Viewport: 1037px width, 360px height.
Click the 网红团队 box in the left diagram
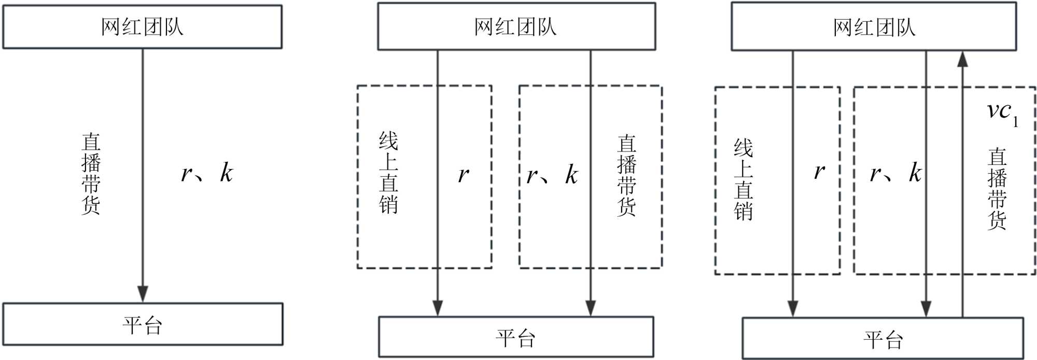[x=143, y=27]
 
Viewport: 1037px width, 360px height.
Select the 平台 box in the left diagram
[x=143, y=325]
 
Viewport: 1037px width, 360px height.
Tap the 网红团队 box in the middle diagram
[x=516, y=27]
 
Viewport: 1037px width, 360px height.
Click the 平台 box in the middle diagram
[x=516, y=337]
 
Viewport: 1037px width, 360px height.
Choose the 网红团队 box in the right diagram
[x=874, y=27]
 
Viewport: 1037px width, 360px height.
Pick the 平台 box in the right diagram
[x=883, y=339]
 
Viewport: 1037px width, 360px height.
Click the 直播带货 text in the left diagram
[x=91, y=174]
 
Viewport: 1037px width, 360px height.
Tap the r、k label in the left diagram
[x=207, y=173]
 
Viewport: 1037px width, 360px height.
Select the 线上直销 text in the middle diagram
[x=388, y=173]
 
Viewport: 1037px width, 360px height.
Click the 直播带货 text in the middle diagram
[x=626, y=175]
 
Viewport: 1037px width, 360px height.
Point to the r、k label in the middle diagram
[x=552, y=175]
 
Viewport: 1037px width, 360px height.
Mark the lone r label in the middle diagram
[x=463, y=175]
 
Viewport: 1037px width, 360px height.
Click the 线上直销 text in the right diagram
[x=743, y=179]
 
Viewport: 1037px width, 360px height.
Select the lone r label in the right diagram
[x=819, y=171]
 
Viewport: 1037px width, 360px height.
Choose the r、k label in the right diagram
[x=895, y=173]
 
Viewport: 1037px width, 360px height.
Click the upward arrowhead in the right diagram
[x=962, y=59]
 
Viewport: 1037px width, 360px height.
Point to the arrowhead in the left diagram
[x=143, y=294]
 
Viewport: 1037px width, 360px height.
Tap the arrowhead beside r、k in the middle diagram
[x=591, y=308]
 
